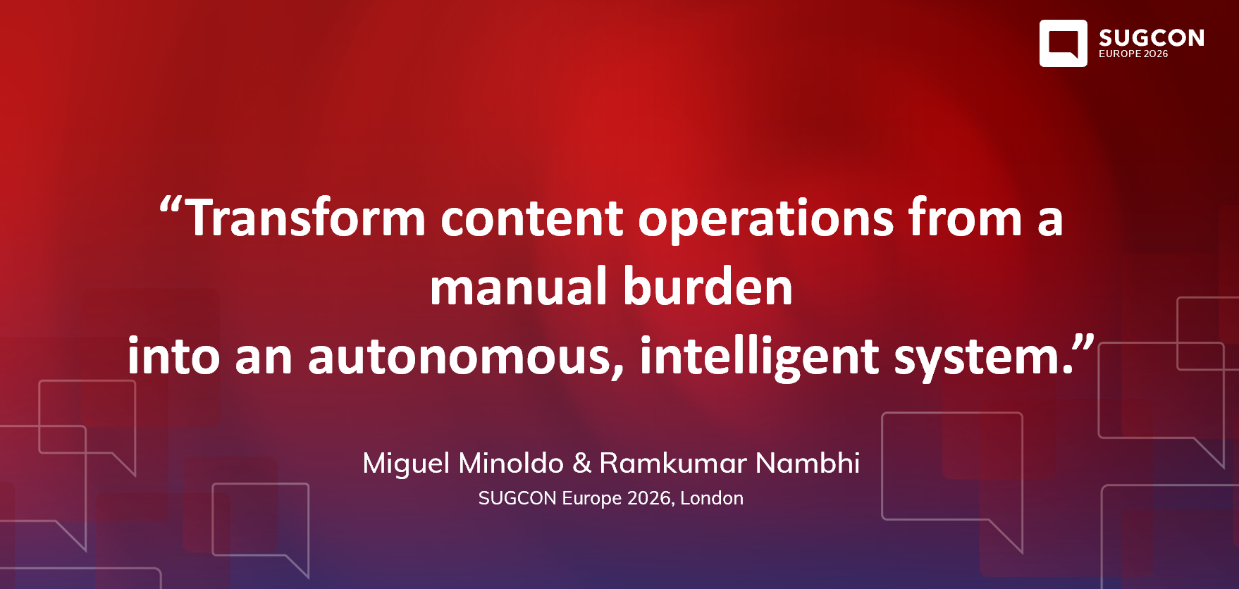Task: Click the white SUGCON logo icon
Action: (x=1063, y=43)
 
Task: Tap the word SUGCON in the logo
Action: (x=1151, y=37)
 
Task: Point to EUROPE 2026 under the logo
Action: (x=1133, y=54)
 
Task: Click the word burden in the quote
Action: (x=708, y=287)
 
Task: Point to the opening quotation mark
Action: (x=171, y=207)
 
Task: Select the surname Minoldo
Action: (x=511, y=463)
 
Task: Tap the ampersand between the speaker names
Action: (x=581, y=463)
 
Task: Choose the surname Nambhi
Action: (x=807, y=463)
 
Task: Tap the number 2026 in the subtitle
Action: (x=649, y=498)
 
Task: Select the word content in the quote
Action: (x=532, y=218)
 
